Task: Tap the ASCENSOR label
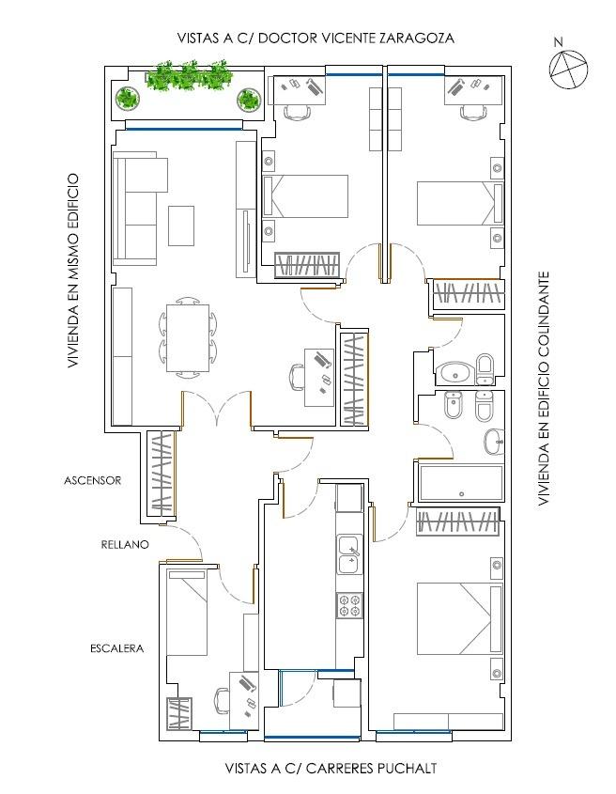click(93, 480)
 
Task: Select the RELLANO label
click(125, 544)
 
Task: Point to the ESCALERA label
click(117, 648)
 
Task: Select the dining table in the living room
click(188, 337)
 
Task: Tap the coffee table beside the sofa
click(181, 226)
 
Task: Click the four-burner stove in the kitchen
click(350, 605)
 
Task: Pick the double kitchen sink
click(350, 554)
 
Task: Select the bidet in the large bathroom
click(454, 406)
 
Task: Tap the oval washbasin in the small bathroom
click(455, 374)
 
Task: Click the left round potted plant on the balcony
click(127, 99)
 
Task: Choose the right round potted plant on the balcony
click(249, 100)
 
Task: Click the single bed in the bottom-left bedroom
click(187, 613)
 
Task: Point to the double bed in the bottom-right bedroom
click(459, 618)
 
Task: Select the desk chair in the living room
click(298, 377)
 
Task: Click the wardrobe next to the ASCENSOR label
click(162, 471)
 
